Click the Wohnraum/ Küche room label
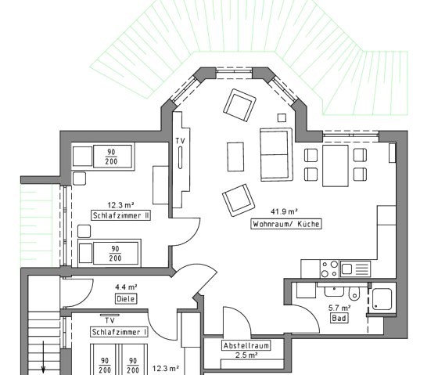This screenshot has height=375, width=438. click(286, 224)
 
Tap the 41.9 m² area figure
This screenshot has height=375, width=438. click(284, 211)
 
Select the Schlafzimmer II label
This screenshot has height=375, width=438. click(121, 215)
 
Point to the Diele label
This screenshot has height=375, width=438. click(126, 298)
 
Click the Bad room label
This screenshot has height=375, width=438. click(339, 318)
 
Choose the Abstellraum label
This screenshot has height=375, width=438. click(246, 345)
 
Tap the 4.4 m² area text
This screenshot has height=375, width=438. click(126, 287)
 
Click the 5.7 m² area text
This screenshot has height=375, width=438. click(339, 308)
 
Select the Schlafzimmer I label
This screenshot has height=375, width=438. click(119, 332)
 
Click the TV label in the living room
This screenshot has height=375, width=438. click(181, 141)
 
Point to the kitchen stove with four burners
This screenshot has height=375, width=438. click(329, 269)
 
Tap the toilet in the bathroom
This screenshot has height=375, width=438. click(354, 293)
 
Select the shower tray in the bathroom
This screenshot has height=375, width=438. click(382, 299)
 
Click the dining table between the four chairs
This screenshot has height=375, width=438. click(336, 165)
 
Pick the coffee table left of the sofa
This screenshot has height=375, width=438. click(235, 157)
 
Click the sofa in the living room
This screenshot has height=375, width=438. click(276, 155)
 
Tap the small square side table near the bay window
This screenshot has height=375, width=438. click(282, 117)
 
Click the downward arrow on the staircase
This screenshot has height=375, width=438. click(43, 357)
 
